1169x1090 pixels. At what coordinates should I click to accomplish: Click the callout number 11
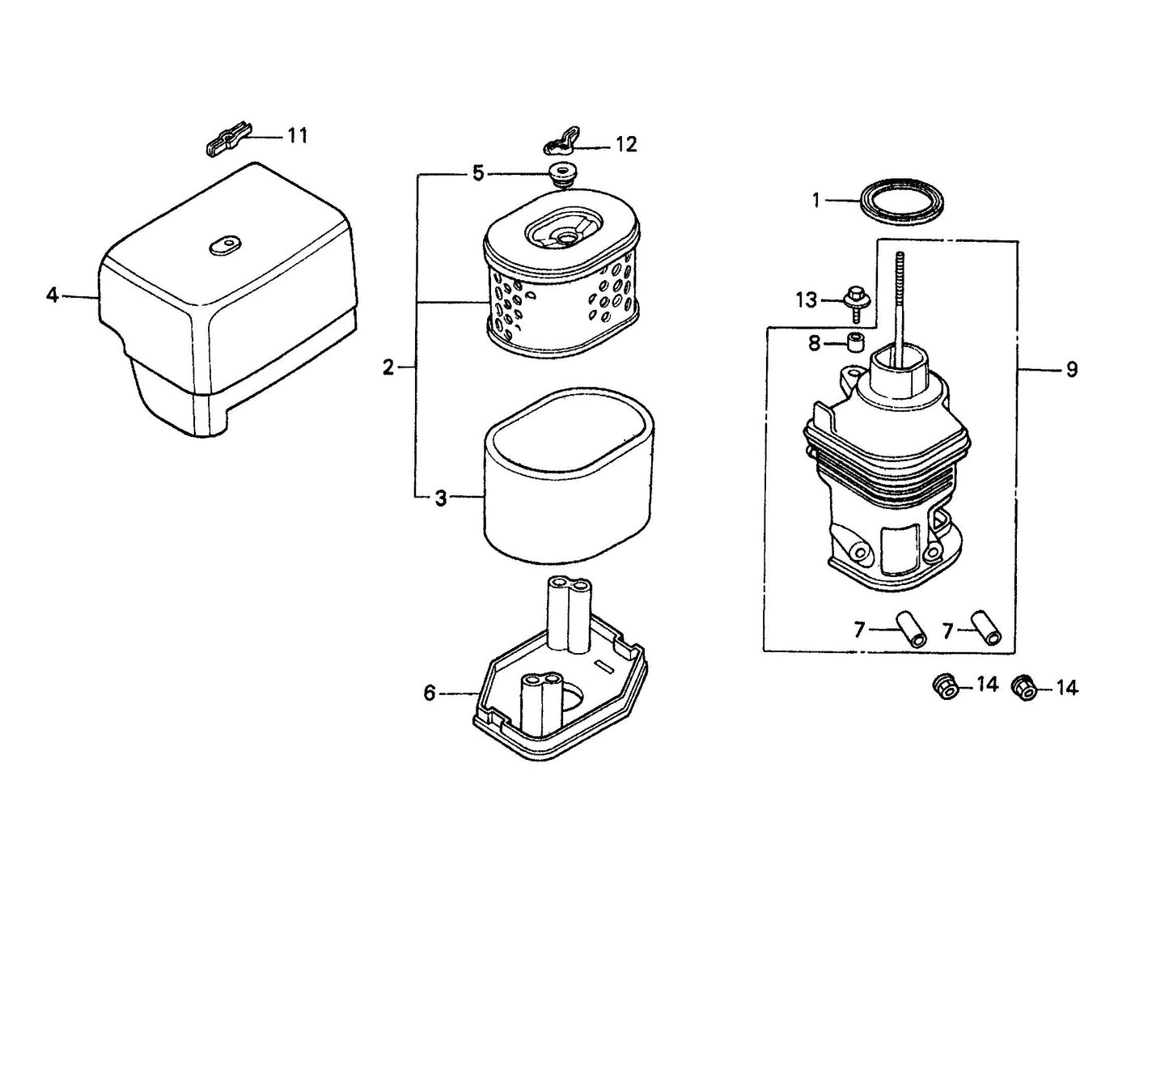coord(298,136)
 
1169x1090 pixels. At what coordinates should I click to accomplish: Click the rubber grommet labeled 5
coord(556,174)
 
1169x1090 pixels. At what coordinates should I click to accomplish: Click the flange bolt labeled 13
coord(854,299)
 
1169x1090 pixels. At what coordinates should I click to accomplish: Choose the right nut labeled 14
coord(1023,687)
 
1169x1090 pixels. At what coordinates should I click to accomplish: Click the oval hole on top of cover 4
coord(224,244)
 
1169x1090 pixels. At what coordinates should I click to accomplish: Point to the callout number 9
coord(1071,370)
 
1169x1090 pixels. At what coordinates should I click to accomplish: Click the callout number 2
coord(388,368)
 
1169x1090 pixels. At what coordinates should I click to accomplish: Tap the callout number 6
coord(430,693)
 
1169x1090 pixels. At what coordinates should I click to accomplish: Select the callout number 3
coord(440,498)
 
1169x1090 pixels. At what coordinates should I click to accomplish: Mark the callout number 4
coord(53,296)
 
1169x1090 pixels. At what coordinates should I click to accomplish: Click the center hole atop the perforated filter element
coord(564,235)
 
